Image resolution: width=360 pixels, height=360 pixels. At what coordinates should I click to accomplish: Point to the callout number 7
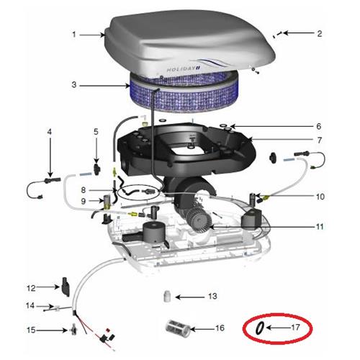[x=319, y=139]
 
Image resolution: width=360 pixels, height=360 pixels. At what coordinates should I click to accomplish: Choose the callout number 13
[x=212, y=296]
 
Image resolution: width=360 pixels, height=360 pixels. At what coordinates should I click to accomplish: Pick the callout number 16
[x=220, y=328]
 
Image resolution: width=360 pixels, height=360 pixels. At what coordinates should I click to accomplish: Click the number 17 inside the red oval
[x=295, y=327]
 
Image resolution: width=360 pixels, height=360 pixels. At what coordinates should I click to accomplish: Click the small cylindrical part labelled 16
[x=177, y=330]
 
